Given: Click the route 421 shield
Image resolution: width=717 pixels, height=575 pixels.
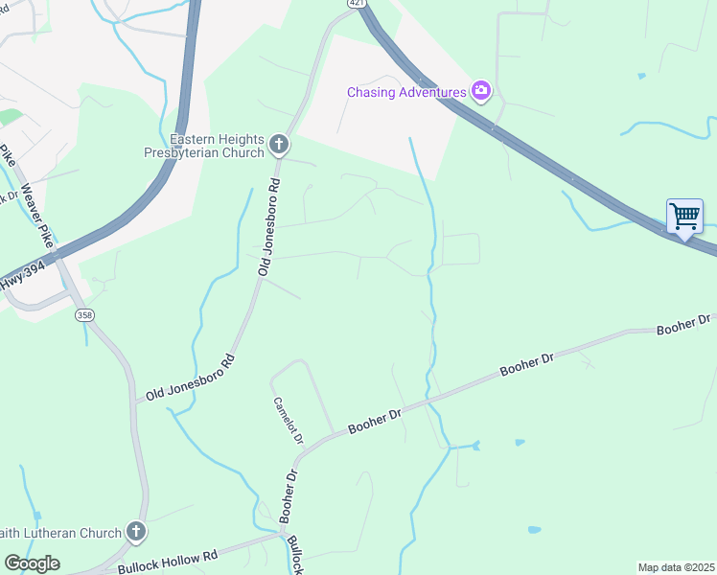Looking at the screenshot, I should [x=357, y=5].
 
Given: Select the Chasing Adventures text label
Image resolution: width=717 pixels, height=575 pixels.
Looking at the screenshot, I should [x=407, y=92].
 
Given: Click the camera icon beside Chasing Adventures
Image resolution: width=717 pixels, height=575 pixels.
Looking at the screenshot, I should [x=481, y=92].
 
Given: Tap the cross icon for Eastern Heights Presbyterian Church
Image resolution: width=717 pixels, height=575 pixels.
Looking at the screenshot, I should [x=279, y=145].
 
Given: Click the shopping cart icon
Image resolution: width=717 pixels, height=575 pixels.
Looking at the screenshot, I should [x=684, y=217].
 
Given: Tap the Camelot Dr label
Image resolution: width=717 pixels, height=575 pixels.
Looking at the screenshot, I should [x=288, y=421].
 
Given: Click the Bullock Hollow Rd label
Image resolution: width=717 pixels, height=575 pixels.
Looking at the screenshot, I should [x=168, y=562].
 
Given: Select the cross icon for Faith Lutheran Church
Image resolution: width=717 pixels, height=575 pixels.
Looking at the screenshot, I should [x=136, y=532].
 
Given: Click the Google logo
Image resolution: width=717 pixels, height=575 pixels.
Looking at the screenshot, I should [x=32, y=563].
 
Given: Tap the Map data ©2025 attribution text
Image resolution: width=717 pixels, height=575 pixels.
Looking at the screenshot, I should [x=676, y=567].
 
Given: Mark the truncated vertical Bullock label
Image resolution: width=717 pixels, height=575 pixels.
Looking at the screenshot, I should [x=295, y=555].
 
